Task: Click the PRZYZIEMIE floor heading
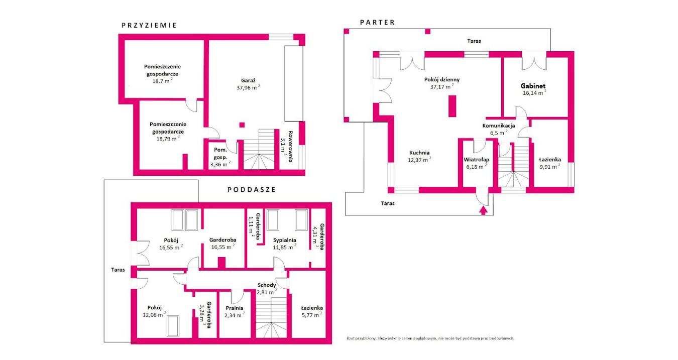[149, 26]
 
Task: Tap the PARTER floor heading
[377, 23]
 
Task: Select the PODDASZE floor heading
[252, 190]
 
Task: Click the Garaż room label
[248, 80]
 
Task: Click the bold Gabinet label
[533, 86]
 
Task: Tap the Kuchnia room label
[419, 153]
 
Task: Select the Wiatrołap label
[476, 160]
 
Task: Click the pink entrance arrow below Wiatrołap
[483, 210]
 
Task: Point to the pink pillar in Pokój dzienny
[452, 106]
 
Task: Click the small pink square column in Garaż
[242, 125]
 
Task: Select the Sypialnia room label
[285, 240]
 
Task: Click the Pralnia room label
[235, 308]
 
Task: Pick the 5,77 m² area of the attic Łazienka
[312, 315]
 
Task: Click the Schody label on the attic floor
[267, 285]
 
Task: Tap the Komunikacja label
[499, 126]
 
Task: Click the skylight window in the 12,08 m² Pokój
[173, 326]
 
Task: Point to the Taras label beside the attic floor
[118, 270]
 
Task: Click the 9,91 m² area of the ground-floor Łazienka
[550, 166]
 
